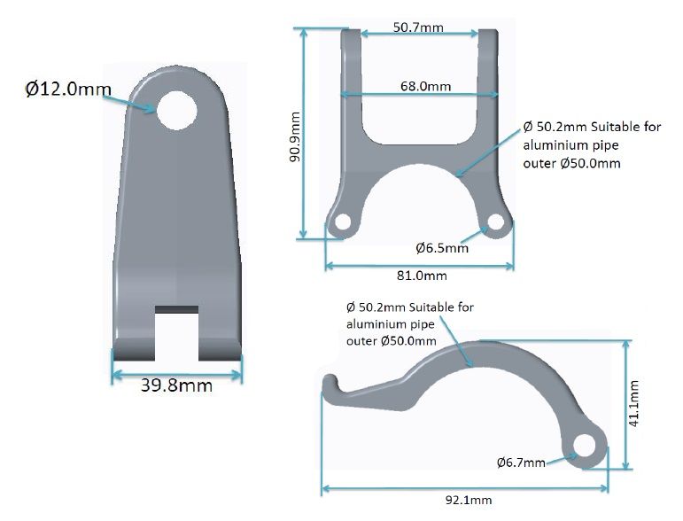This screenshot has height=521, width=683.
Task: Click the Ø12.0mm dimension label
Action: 68,89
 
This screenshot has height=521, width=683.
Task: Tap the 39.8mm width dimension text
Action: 176,385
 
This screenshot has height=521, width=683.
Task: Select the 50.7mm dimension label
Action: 418,27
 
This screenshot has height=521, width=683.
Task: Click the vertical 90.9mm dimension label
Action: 295,136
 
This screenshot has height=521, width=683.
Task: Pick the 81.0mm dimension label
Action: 422,276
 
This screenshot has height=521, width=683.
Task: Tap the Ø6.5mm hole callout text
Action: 442,248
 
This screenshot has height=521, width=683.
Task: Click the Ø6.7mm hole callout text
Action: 521,463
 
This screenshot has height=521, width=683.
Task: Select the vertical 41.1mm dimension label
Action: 633,403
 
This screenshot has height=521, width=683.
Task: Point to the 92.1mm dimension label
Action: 469,500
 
